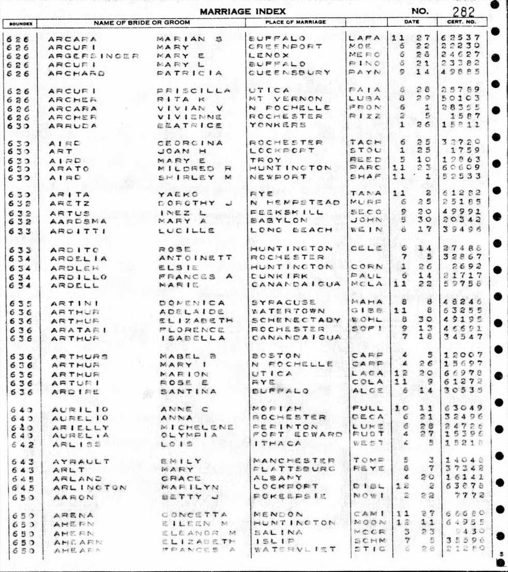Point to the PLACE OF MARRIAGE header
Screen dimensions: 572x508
coord(295,23)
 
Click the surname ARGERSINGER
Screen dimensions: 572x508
coord(94,55)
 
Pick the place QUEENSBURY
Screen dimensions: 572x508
coord(289,73)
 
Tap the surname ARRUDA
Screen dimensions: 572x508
coord(72,125)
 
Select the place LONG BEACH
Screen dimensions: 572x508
coord(290,230)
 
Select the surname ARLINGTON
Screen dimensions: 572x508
coord(89,488)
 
